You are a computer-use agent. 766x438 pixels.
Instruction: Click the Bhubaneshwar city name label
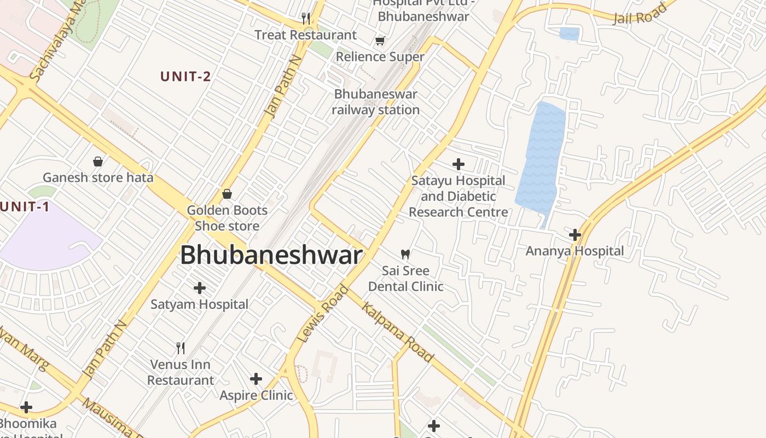(271, 256)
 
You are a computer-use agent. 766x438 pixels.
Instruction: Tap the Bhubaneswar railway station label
(376, 102)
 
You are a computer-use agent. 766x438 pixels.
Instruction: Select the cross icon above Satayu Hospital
(459, 164)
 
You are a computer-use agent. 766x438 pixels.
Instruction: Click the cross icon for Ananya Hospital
(574, 235)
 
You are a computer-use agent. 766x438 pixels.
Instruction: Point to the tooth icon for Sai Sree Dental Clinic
(405, 254)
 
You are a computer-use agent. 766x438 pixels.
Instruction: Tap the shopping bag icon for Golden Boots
(227, 194)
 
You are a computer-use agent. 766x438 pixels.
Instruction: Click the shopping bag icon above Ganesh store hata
(98, 161)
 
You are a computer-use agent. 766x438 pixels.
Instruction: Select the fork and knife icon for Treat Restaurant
(306, 19)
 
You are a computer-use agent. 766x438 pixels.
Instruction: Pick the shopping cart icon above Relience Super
(380, 41)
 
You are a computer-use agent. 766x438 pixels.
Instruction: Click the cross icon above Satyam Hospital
(200, 287)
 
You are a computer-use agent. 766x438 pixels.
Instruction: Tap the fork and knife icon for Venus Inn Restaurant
(181, 348)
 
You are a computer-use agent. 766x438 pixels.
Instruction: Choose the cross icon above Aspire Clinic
(256, 379)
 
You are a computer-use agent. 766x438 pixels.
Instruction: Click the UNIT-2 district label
(185, 77)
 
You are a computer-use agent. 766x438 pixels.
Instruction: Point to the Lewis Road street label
(323, 314)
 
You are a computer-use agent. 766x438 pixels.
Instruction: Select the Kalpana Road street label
(398, 332)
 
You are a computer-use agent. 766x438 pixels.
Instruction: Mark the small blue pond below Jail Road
(569, 34)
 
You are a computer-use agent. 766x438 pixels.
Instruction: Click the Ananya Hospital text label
(574, 251)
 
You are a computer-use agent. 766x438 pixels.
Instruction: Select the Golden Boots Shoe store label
(227, 218)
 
